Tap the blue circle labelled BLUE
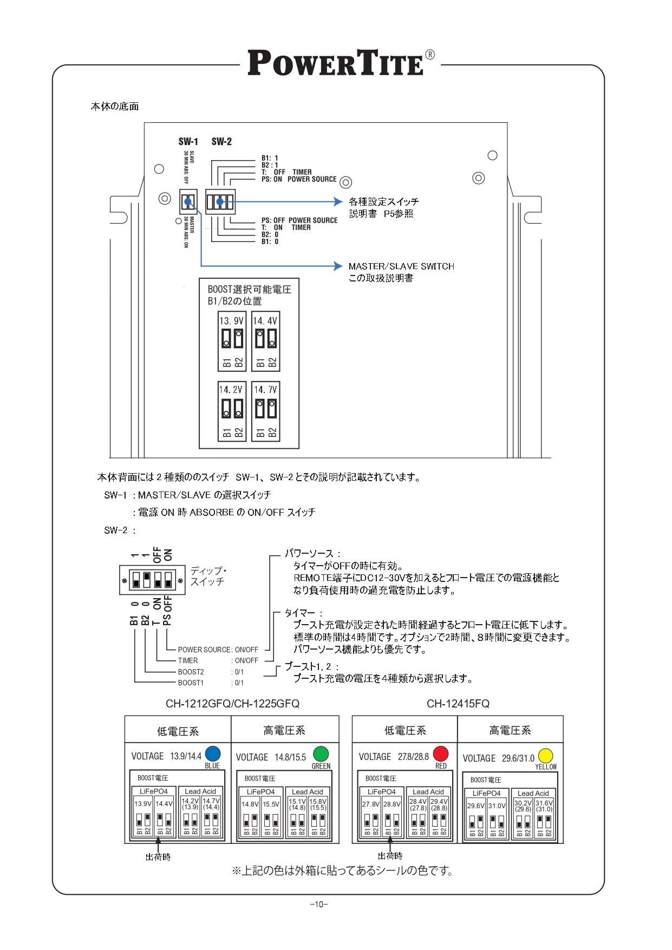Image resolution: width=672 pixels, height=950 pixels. (213, 754)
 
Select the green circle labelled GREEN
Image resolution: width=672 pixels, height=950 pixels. (321, 754)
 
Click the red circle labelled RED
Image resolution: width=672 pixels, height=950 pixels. (441, 754)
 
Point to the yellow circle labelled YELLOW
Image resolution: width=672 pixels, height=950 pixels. (545, 756)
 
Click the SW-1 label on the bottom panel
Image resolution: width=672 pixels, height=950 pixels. (188, 142)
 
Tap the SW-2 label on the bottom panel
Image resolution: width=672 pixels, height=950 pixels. (221, 142)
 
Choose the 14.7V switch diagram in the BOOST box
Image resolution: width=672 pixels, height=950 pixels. (266, 411)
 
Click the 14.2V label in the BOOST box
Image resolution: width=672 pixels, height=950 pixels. (231, 390)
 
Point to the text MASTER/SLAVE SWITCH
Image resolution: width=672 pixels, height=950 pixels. (401, 266)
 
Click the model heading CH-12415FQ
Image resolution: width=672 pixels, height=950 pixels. (458, 704)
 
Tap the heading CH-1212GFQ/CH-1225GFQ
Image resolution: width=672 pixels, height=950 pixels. (232, 704)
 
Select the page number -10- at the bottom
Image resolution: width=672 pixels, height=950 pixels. (319, 904)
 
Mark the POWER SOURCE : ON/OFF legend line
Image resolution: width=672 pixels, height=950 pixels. (218, 650)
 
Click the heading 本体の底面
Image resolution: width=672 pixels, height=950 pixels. (115, 107)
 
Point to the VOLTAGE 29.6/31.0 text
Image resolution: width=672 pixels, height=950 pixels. (498, 758)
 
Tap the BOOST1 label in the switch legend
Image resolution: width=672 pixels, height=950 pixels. (191, 683)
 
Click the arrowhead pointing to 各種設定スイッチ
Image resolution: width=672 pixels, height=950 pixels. (338, 202)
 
